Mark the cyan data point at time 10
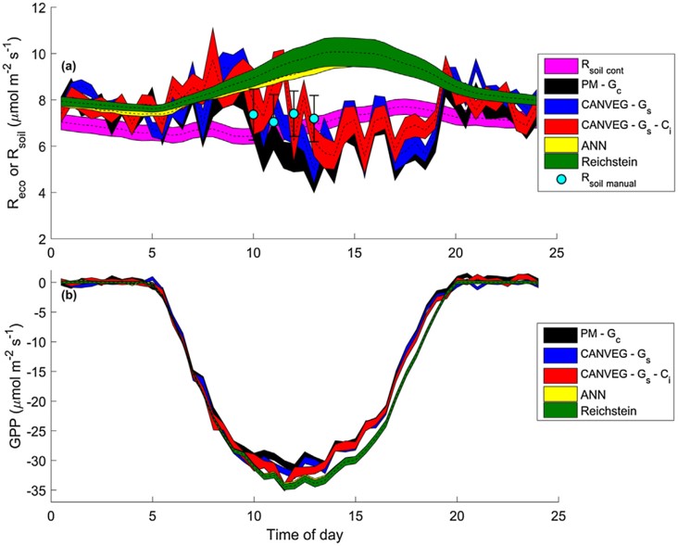(x=253, y=114)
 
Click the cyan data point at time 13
(x=314, y=119)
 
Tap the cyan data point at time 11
(x=273, y=122)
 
